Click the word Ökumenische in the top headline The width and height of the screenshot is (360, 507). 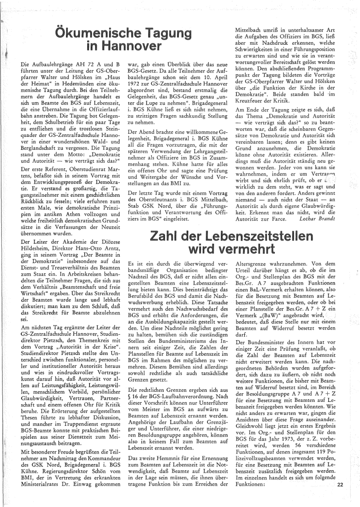coord(96,34)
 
